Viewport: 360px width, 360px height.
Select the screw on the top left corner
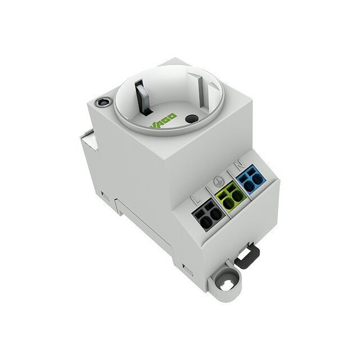pos(103,102)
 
